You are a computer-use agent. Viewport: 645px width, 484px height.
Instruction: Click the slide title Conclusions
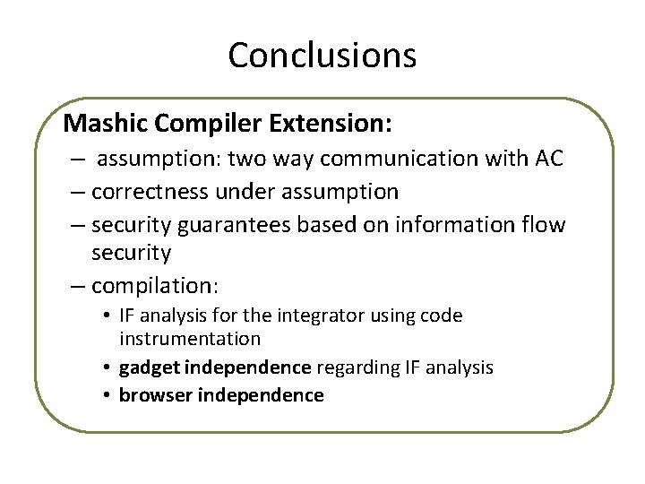322,56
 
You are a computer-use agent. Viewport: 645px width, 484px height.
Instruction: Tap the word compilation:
155,286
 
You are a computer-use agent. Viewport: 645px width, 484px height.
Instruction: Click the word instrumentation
189,339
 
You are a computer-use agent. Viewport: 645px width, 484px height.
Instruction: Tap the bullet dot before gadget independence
107,367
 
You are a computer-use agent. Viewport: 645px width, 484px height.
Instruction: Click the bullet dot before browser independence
107,395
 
